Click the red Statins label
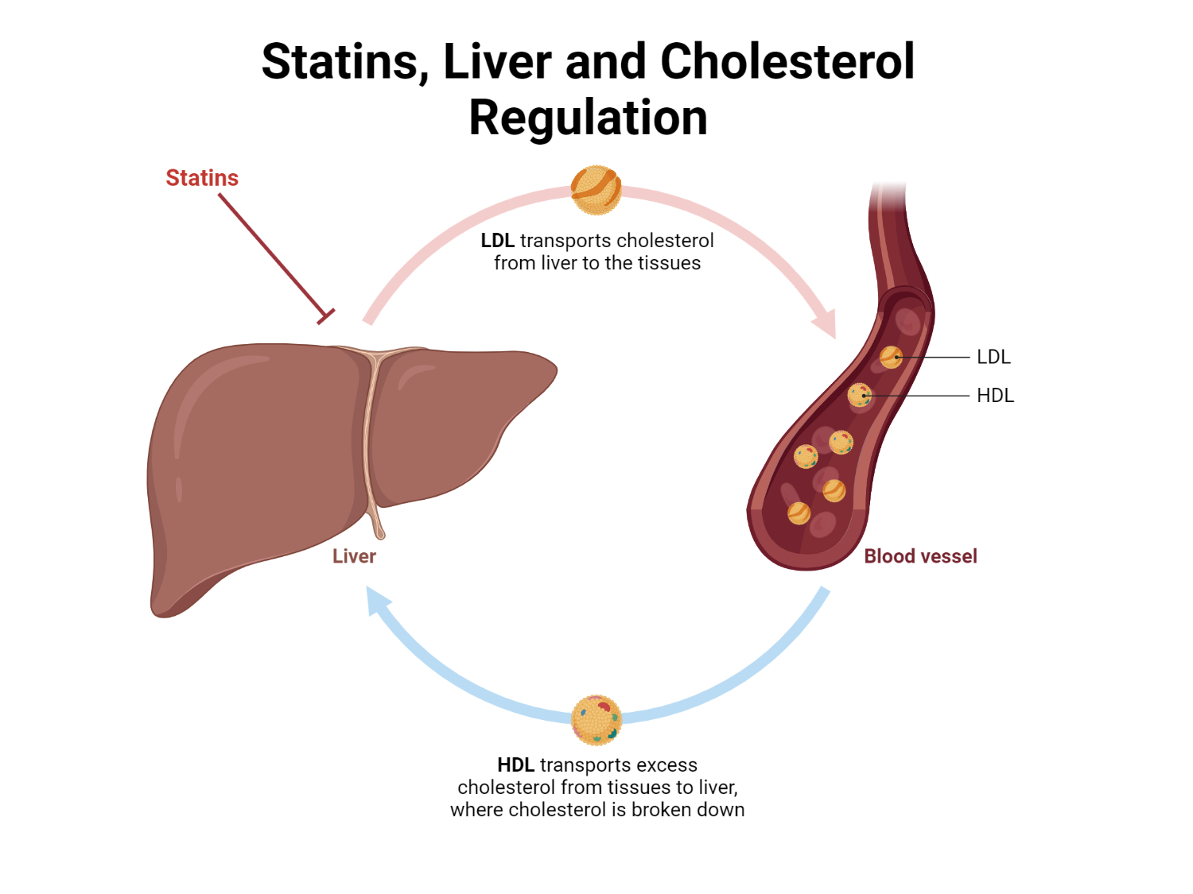tap(202, 178)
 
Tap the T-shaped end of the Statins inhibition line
tap(325, 315)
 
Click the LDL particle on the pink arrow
tap(596, 190)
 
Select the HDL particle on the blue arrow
tap(596, 719)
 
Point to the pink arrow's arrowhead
tap(826, 325)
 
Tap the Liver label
tap(354, 556)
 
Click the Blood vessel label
tap(920, 556)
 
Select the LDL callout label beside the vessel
tap(993, 357)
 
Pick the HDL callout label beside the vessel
tap(995, 396)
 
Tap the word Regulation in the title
tap(588, 118)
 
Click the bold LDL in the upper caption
tap(498, 241)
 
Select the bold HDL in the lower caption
tap(515, 765)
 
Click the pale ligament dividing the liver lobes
tap(369, 437)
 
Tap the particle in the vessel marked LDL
tap(891, 357)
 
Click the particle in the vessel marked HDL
tap(860, 394)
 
